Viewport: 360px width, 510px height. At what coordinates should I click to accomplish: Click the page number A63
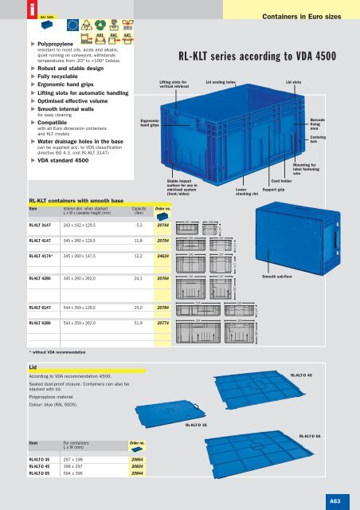coord(335,500)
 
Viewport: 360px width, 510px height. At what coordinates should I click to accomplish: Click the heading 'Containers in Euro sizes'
coord(307,15)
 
